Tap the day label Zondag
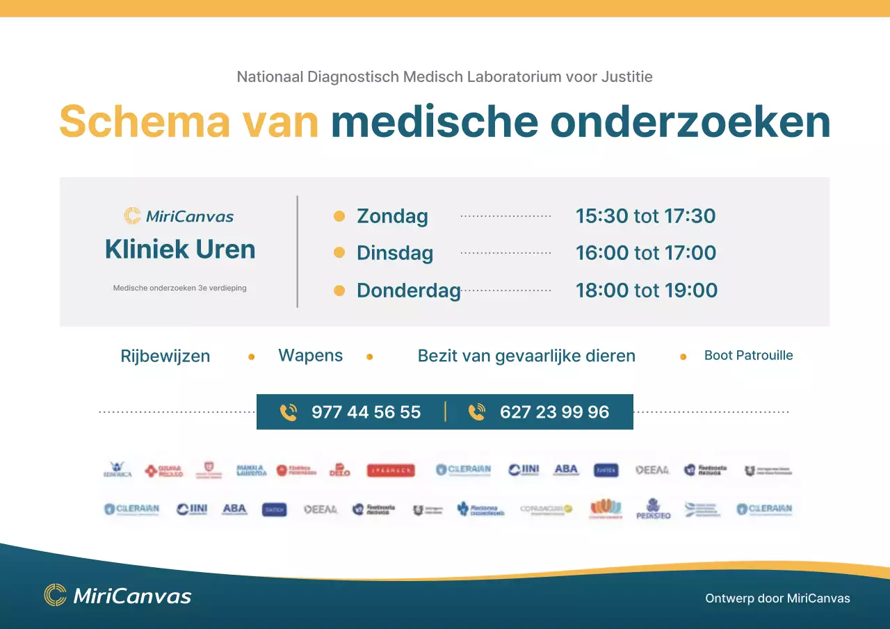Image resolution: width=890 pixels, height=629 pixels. [x=392, y=216]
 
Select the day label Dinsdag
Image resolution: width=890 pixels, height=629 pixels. [x=394, y=253]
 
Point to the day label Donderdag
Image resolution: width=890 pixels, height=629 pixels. [x=408, y=291]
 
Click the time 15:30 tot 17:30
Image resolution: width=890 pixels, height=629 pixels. [x=645, y=216]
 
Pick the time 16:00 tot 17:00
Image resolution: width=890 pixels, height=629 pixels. [x=645, y=253]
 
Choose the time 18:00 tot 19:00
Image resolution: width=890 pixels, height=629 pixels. [x=646, y=291]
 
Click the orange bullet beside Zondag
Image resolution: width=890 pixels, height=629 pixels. [x=339, y=216]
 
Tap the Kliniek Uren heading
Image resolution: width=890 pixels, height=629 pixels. [x=180, y=250]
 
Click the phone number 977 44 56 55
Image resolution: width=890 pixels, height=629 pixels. [x=366, y=412]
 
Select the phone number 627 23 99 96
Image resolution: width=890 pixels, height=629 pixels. [x=554, y=412]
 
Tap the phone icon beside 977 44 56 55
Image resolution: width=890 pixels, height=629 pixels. [x=288, y=412]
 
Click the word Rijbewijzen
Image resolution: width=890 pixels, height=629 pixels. [x=165, y=357]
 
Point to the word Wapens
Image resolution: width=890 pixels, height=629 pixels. [x=310, y=355]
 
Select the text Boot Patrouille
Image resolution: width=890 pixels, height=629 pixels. [x=748, y=355]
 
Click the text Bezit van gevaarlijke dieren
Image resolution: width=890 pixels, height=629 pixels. [x=526, y=356]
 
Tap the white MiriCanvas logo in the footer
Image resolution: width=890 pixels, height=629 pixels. [x=118, y=596]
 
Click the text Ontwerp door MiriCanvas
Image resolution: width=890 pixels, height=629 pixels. [x=777, y=598]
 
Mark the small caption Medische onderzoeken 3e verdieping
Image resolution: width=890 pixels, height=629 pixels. [x=179, y=288]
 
